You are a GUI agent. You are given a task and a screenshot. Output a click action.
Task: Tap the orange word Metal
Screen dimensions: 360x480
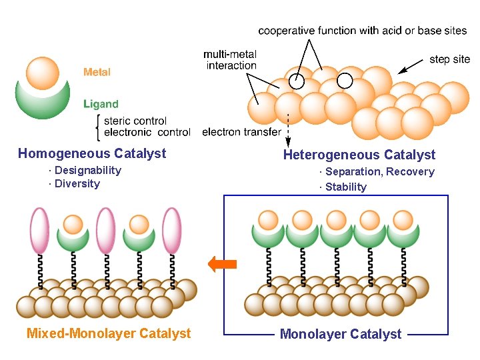(x=97, y=72)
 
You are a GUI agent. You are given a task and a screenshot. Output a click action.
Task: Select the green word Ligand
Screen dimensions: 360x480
(x=101, y=104)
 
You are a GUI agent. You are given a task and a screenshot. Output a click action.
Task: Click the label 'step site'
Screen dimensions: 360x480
(x=449, y=59)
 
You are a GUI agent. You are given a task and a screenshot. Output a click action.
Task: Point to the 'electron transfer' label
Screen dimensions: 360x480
(x=241, y=132)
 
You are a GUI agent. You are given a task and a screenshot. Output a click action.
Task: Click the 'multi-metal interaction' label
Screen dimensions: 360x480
(x=231, y=59)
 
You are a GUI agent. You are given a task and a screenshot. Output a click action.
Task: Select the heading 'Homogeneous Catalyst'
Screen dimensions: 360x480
(x=92, y=154)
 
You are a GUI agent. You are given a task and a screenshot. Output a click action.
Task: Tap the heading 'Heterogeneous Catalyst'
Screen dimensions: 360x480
(x=359, y=155)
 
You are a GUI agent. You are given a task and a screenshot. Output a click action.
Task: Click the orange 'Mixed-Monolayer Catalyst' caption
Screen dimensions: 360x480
(x=109, y=333)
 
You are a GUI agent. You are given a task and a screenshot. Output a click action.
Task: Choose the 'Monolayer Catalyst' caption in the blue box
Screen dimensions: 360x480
(x=341, y=334)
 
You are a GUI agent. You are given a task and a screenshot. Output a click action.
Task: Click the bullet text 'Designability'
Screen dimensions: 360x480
(x=87, y=171)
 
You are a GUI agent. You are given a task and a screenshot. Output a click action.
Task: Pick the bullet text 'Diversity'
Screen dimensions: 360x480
(x=77, y=184)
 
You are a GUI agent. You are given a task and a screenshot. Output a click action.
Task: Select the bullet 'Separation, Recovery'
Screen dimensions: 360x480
(x=379, y=172)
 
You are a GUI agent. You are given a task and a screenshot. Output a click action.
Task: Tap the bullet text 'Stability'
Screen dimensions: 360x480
(x=345, y=187)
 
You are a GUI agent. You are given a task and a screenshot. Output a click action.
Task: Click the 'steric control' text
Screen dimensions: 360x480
(x=135, y=121)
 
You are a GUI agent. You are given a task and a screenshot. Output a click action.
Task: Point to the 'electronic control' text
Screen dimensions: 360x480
(x=147, y=132)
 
